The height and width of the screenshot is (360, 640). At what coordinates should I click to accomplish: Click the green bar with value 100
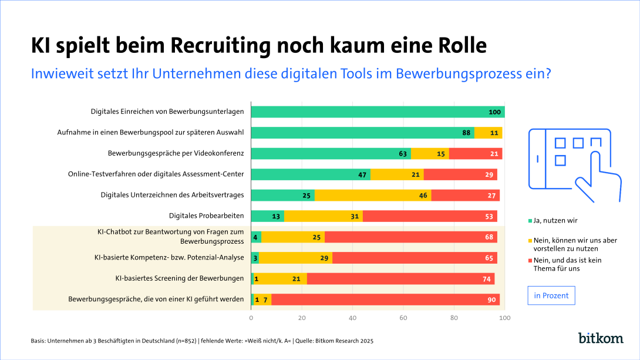(378, 112)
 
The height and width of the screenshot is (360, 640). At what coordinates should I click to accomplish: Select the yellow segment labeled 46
(372, 195)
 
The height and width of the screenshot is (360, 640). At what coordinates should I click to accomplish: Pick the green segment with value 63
(331, 154)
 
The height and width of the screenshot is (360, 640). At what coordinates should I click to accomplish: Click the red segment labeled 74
(400, 279)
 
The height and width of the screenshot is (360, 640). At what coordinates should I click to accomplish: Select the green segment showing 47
(311, 174)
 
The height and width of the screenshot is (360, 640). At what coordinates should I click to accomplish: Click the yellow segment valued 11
(488, 133)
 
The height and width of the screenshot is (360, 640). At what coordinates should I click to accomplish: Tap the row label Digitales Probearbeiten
(206, 216)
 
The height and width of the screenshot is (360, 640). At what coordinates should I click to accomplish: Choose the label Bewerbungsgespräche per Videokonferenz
(176, 154)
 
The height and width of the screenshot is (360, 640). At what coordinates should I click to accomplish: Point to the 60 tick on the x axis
(403, 318)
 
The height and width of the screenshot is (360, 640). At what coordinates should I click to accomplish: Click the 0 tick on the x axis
(251, 318)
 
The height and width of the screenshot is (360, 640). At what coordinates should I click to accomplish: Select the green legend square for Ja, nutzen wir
(531, 221)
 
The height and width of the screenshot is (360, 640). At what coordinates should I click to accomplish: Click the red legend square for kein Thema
(531, 260)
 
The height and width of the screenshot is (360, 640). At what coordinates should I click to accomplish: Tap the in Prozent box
(551, 295)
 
